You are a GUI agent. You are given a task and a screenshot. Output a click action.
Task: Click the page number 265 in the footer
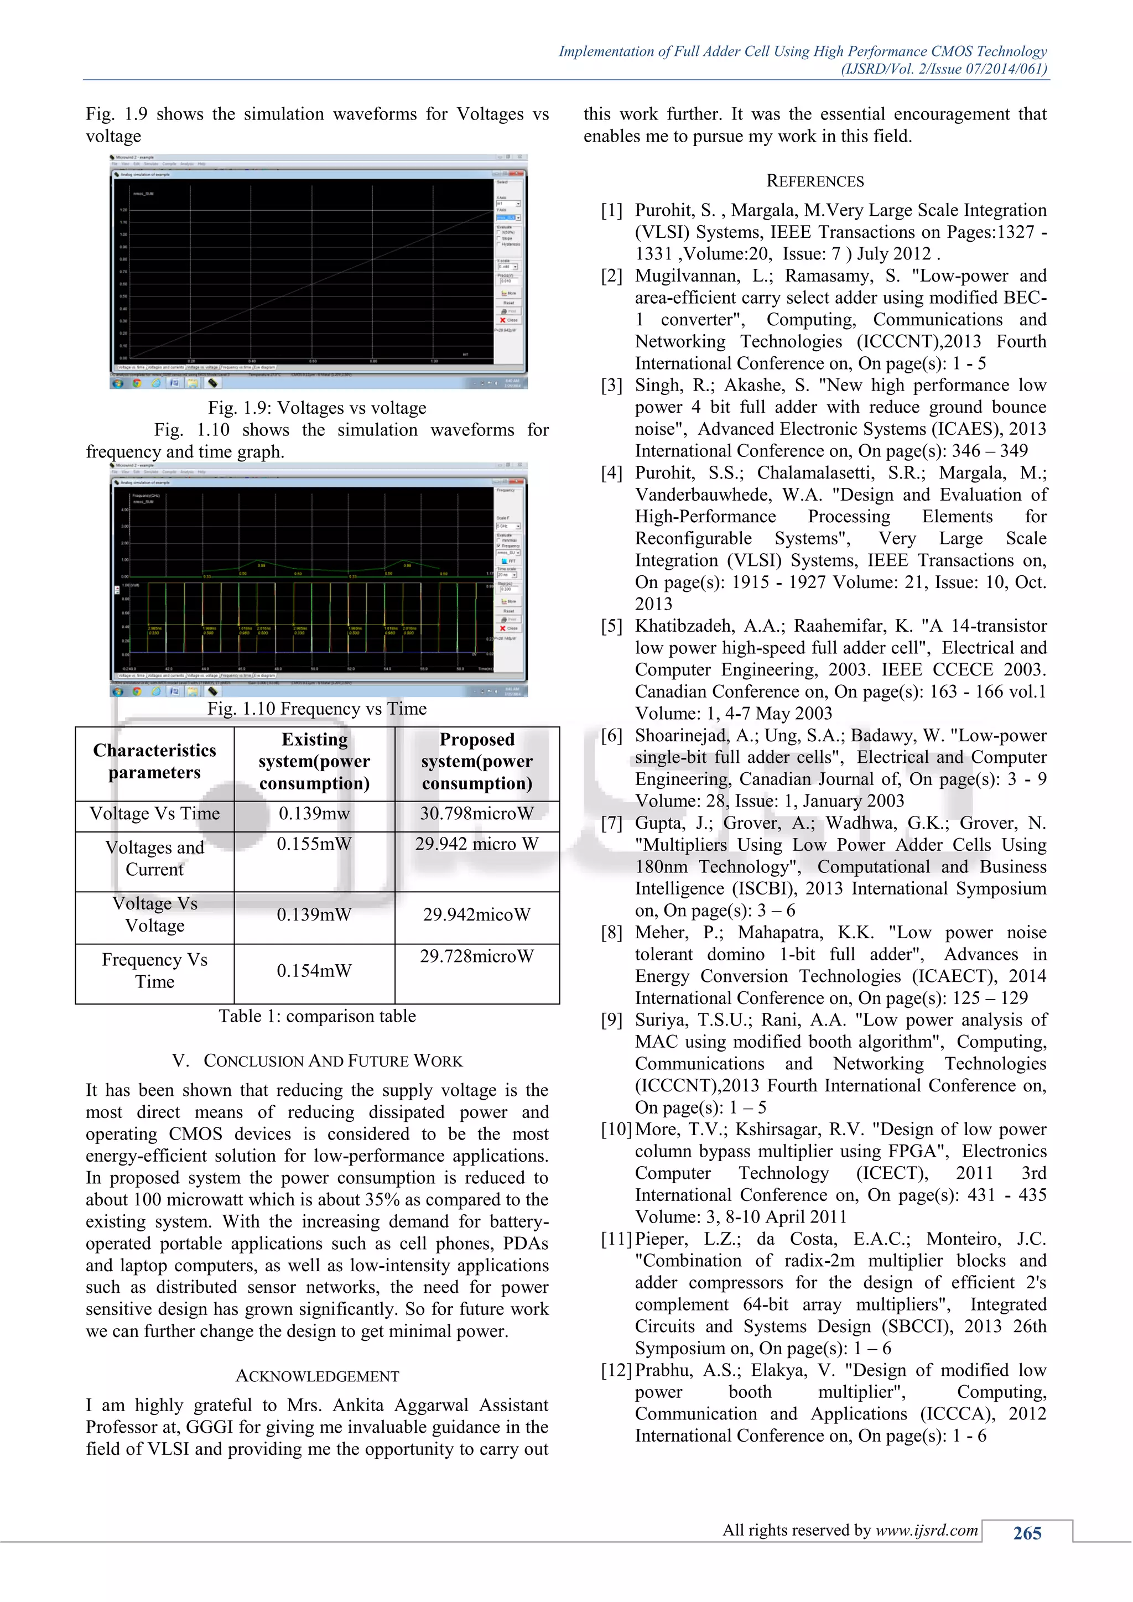[x=1026, y=1533]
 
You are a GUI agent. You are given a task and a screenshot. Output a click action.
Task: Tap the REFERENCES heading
[x=814, y=181]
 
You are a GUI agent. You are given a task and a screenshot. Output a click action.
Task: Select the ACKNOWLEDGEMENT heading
[x=317, y=1376]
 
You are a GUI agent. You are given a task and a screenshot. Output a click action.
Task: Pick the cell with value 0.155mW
[x=314, y=844]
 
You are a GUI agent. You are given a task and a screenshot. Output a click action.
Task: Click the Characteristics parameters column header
[x=154, y=761]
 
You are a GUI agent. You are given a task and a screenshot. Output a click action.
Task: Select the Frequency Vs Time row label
[x=154, y=971]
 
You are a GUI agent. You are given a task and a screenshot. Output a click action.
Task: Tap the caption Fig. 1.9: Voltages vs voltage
[x=317, y=408]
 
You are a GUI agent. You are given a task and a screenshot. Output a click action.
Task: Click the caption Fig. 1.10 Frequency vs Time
[x=317, y=709]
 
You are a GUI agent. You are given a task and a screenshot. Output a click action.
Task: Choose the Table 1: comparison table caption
[x=317, y=1017]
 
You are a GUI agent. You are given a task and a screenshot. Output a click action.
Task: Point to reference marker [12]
[x=616, y=1370]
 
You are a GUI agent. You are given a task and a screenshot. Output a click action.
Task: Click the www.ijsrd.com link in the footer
[x=927, y=1530]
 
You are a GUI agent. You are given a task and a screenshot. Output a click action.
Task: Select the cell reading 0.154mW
[x=314, y=971]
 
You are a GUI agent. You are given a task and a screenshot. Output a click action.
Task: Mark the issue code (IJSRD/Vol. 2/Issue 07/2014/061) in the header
[x=943, y=69]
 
